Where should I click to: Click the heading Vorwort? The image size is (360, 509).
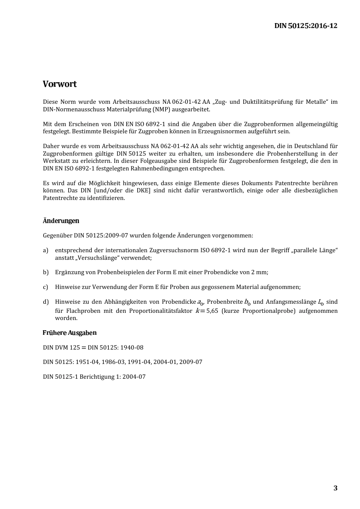(59, 84)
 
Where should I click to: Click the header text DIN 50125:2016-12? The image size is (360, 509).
(305, 26)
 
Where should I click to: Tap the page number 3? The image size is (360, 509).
(335, 488)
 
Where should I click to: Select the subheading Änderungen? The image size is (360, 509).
(61, 221)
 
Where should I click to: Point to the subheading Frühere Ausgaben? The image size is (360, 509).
(69, 333)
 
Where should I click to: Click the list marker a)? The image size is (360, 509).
(45, 250)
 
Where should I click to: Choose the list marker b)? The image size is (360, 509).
(45, 272)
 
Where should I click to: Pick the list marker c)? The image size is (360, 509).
(45, 287)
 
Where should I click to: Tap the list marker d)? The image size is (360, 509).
(45, 302)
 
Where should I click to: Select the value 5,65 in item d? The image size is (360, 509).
(212, 311)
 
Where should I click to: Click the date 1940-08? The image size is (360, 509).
(132, 348)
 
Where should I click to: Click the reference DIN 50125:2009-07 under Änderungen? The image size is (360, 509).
(101, 236)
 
